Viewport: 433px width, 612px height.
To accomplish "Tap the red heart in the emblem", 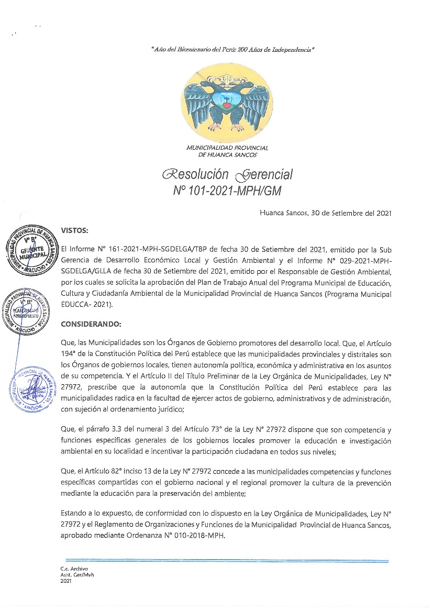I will click(x=227, y=105).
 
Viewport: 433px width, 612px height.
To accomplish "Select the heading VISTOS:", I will click(x=75, y=230).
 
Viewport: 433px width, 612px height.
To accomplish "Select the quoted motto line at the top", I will click(x=232, y=50).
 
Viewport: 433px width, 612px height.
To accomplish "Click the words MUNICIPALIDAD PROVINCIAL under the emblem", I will click(x=227, y=148).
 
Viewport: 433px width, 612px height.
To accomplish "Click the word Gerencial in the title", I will click(x=264, y=174).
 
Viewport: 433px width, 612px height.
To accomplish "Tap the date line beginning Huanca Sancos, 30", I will click(x=325, y=213).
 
